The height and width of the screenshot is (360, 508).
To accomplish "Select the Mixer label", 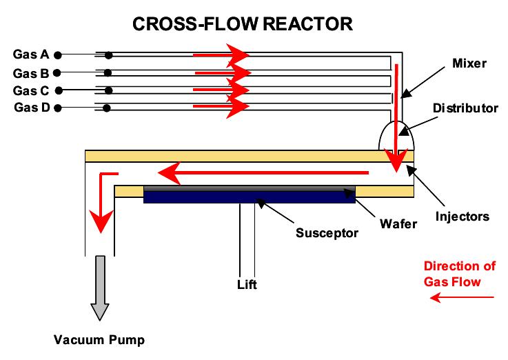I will click(469, 63).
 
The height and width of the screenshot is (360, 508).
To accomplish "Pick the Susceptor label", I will click(327, 232).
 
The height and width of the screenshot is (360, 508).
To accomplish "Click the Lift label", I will click(247, 284).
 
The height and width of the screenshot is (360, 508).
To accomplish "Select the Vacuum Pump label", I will click(100, 339).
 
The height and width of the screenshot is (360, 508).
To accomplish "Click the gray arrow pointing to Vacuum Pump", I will click(100, 286).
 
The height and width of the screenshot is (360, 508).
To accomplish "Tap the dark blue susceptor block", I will click(248, 197).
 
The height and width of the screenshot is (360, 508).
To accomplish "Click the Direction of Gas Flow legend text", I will click(451, 274).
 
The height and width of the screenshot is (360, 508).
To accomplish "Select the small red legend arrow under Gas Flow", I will click(462, 298).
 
